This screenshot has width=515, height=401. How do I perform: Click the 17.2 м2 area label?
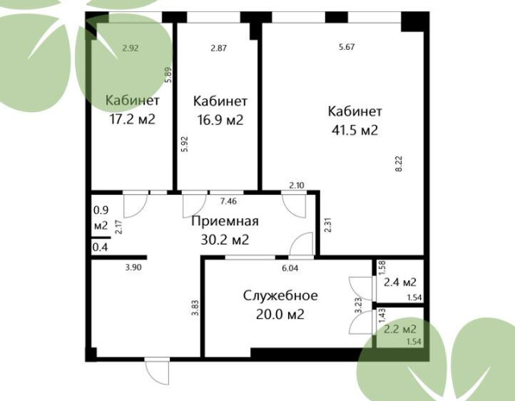132,119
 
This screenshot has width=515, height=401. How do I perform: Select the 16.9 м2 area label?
220,120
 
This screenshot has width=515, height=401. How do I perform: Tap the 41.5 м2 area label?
355,130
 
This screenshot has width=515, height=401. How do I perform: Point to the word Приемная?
225,221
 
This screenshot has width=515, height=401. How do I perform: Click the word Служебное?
281,296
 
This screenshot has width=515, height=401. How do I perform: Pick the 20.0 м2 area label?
280,315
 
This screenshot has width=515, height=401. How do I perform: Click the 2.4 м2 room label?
400,282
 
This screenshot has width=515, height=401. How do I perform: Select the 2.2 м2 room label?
400,329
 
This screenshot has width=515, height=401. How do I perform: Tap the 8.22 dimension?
399,163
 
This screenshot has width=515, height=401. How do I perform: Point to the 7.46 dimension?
229,201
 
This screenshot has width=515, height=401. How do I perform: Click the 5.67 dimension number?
347,47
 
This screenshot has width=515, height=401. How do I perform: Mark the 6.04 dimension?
290,268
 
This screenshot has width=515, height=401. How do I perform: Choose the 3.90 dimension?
134,267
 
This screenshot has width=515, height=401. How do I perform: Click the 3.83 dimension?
196,308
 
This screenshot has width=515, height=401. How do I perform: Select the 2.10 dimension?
297,185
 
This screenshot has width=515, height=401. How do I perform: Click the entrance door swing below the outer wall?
158,372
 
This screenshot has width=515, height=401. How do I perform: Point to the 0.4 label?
100,247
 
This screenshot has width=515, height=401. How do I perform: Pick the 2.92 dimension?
130,48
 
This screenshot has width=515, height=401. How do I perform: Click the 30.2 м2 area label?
225,240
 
